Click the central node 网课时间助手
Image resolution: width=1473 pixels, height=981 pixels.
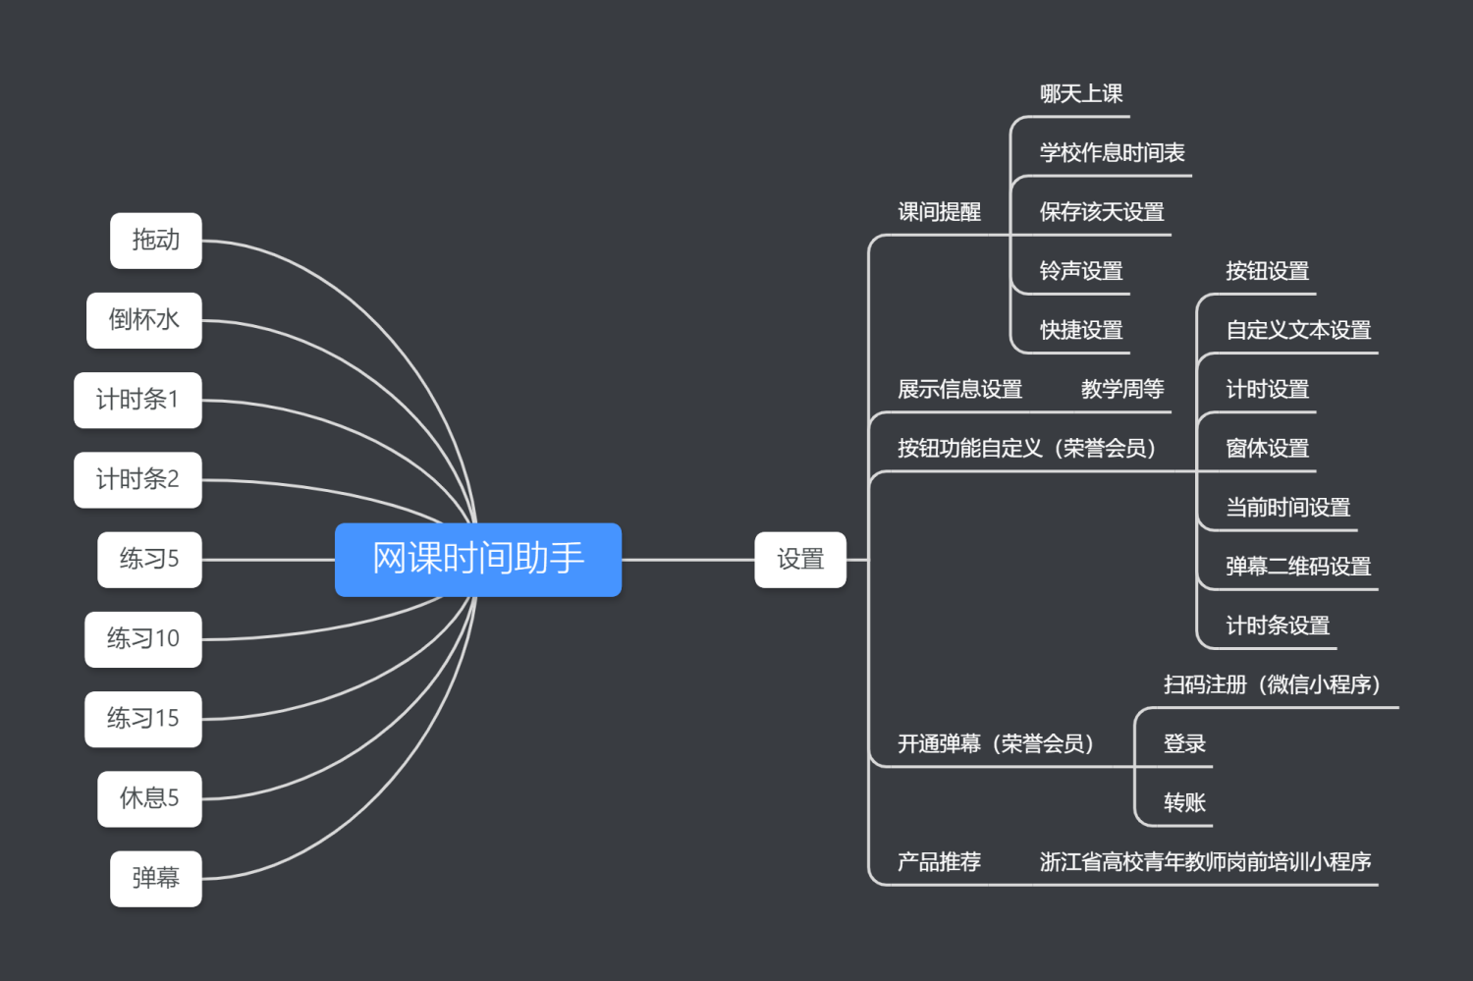point(478,559)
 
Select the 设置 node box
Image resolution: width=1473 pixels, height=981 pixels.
point(799,560)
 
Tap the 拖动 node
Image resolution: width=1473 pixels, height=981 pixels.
point(155,241)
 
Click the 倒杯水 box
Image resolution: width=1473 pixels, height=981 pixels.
point(143,320)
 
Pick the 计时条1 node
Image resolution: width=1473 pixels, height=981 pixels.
point(137,400)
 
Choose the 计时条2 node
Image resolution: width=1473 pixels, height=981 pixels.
point(137,479)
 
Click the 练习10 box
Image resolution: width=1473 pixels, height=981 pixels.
point(143,639)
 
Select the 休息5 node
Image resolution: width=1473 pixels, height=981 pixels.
point(149,798)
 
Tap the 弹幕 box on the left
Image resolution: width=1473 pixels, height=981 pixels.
point(155,878)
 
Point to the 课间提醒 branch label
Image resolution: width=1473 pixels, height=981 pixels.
point(939,212)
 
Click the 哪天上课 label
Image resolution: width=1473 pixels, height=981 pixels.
point(1081,94)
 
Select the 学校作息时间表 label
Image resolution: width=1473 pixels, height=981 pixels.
point(1112,153)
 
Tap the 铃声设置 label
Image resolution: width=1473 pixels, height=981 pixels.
point(1081,271)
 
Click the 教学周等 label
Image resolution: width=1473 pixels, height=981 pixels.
point(1122,390)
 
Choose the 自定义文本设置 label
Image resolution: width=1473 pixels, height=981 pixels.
point(1298,331)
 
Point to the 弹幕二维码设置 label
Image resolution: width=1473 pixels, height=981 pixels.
point(1298,567)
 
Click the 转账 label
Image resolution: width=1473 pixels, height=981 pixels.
point(1184,803)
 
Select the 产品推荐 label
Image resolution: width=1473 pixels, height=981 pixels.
point(939,862)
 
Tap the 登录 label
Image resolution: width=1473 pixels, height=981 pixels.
point(1184,744)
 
